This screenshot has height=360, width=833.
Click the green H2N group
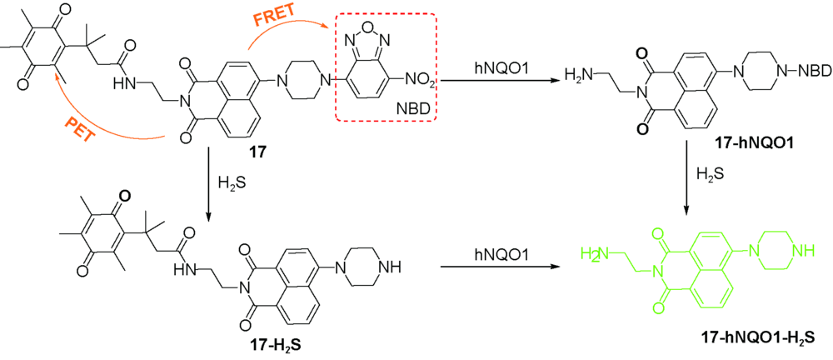tap(596, 252)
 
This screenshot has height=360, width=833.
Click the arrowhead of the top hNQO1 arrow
tap(554, 81)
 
